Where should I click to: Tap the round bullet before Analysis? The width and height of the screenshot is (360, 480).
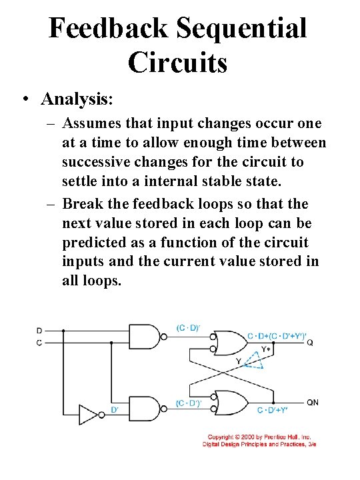click(x=24, y=100)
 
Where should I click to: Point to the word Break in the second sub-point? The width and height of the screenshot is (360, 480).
click(x=81, y=203)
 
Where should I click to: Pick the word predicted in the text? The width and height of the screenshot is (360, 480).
click(x=93, y=243)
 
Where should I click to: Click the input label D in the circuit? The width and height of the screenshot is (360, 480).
click(x=39, y=331)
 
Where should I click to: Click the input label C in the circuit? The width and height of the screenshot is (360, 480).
click(x=39, y=342)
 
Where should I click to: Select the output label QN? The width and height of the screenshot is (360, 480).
click(x=313, y=403)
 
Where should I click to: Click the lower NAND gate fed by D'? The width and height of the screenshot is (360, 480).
click(x=145, y=409)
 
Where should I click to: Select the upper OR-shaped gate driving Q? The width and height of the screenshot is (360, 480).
click(x=228, y=343)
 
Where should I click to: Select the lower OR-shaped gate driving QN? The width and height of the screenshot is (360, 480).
click(x=228, y=403)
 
